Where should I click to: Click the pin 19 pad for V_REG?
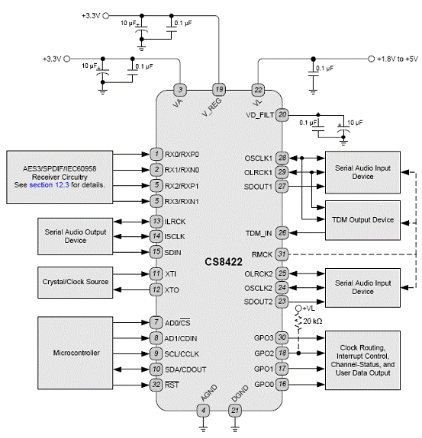click(x=219, y=90)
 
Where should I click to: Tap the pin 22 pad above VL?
click(x=258, y=90)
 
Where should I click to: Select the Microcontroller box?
click(x=76, y=353)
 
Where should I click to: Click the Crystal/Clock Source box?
click(x=76, y=283)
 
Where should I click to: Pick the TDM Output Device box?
click(x=362, y=220)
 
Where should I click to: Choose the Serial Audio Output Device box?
click(x=76, y=236)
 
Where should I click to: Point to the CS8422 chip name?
click(x=224, y=262)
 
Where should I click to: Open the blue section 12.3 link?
click(x=49, y=185)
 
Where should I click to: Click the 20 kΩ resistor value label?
click(x=313, y=321)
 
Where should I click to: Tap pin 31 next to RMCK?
click(x=282, y=254)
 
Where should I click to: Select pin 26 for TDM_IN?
click(x=282, y=232)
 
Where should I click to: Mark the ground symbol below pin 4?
click(x=204, y=428)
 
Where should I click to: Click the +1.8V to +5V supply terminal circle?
click(x=371, y=59)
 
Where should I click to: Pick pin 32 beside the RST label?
click(x=156, y=385)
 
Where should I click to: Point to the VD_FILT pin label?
click(x=259, y=115)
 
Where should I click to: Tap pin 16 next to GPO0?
click(x=282, y=384)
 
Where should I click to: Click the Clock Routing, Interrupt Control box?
click(x=362, y=360)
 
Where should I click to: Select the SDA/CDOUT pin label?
click(x=185, y=369)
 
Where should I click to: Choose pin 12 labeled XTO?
click(x=156, y=289)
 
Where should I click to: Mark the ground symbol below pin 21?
click(x=235, y=428)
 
